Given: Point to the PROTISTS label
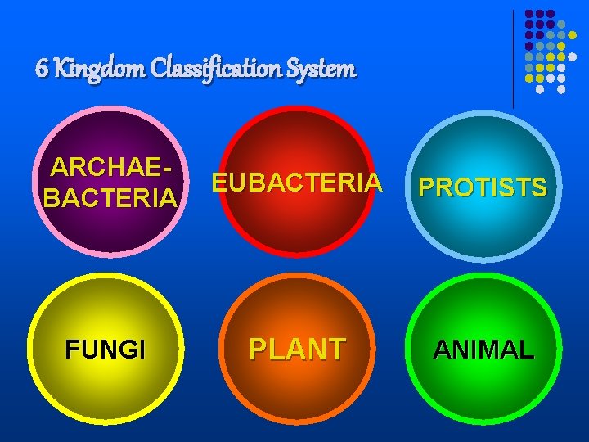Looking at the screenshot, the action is coord(483,187).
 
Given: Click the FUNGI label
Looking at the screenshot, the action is coord(106,350).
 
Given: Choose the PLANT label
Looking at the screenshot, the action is coord(298,349).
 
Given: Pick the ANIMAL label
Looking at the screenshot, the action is coord(483,350).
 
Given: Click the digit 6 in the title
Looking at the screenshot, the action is coord(41,69).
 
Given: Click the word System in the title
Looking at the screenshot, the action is coord(328,70).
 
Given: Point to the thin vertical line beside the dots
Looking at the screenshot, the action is coord(514,57).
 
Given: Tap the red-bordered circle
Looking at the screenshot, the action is coord(297,229).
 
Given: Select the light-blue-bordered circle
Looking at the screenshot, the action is coord(483,233).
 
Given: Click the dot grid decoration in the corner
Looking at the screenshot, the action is coord(551,50).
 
